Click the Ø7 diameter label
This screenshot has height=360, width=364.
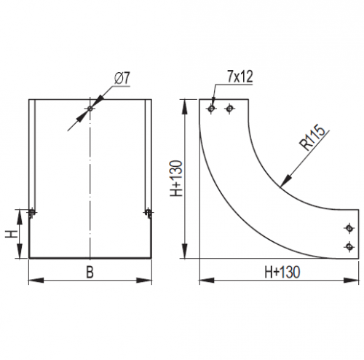pyautogui.click(x=122, y=79)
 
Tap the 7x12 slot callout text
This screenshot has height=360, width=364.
pyautogui.click(x=240, y=77)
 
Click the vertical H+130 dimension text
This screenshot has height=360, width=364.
pyautogui.click(x=176, y=179)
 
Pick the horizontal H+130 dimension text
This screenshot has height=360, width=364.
pyautogui.click(x=282, y=272)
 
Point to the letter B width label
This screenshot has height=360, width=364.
pyautogui.click(x=90, y=272)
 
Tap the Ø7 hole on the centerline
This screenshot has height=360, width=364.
pyautogui.click(x=90, y=109)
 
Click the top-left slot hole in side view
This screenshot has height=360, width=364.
pyautogui.click(x=211, y=109)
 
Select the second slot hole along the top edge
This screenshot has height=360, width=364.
pyautogui.click(x=229, y=109)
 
